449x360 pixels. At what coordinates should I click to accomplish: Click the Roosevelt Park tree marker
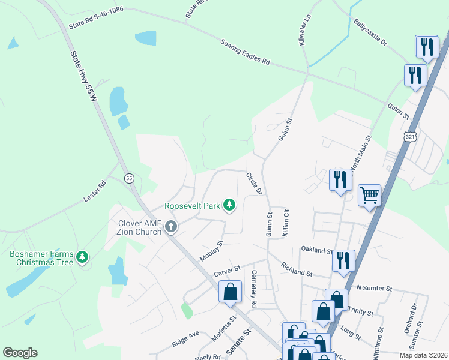coord(229,205)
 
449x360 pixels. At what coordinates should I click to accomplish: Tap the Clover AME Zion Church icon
coord(171,227)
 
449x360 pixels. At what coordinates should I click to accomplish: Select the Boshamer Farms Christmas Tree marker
coord(82,258)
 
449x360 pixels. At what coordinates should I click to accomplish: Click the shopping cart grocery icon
coord(369,194)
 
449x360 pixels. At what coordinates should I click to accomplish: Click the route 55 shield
coord(129,178)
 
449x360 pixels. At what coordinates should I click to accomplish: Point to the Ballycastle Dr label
coord(370,32)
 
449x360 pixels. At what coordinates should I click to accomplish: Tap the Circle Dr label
coord(254,184)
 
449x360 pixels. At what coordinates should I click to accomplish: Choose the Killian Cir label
coord(286,221)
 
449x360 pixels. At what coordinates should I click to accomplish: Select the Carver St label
coord(227,271)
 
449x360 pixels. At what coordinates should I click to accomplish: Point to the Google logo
coord(20,353)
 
